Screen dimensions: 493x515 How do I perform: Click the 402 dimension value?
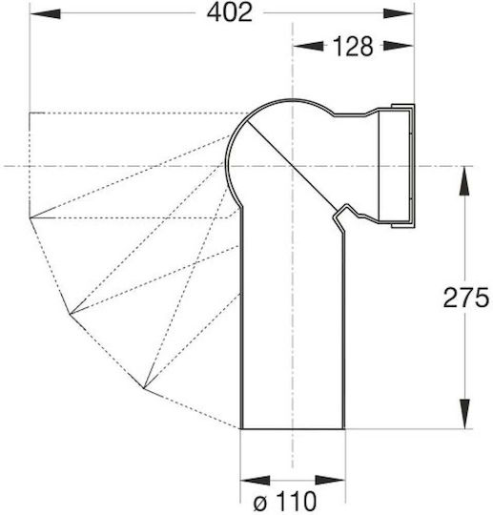coord(230,13)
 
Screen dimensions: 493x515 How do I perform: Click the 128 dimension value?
coord(353,47)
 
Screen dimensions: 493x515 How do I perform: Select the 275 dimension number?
coord(466,298)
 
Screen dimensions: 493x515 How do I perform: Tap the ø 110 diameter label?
coord(285,502)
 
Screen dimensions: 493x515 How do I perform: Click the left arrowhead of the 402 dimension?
coord(46,13)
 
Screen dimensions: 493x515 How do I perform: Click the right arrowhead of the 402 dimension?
coord(398,13)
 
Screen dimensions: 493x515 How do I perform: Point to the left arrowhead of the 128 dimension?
coord(308,46)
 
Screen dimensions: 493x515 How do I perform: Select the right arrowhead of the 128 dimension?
coord(398,46)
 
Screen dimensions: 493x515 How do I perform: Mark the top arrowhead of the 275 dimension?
coord(464,181)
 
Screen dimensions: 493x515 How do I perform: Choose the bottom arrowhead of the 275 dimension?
coord(464,414)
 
